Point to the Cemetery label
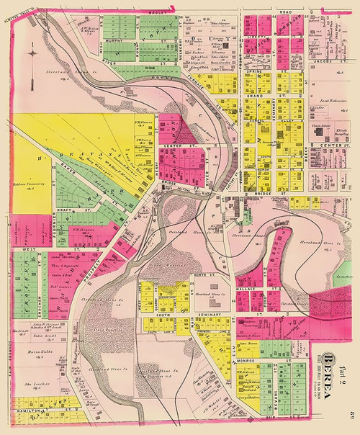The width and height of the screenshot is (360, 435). (x=344, y=277)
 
